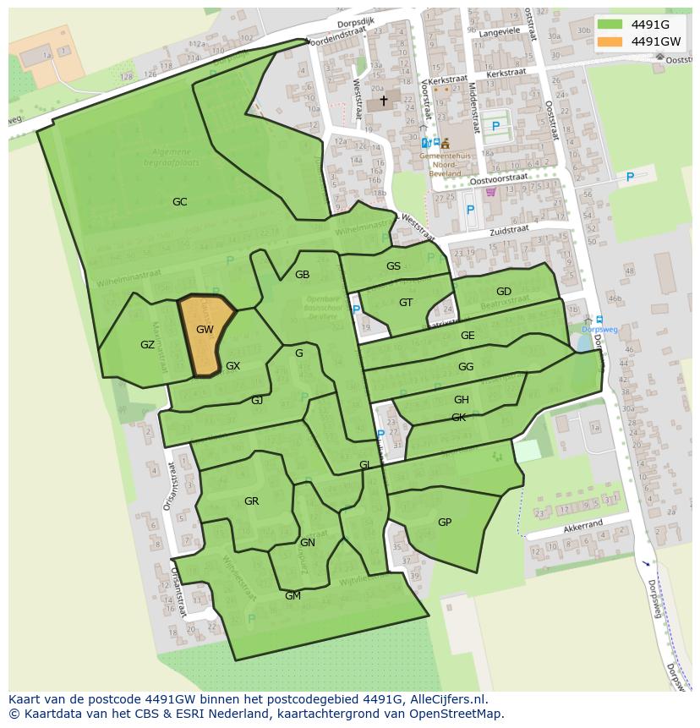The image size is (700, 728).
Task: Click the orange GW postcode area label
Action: point(205,330)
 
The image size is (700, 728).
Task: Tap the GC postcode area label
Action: point(179,202)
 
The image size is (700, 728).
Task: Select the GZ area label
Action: point(147,345)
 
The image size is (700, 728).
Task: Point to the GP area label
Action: point(445,523)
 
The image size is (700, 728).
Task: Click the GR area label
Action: point(251,501)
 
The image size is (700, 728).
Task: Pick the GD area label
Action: point(504,292)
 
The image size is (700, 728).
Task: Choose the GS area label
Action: point(393,266)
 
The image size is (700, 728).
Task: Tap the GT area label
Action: point(406,303)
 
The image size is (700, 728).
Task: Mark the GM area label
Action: point(293,596)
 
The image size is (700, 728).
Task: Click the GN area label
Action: point(308,543)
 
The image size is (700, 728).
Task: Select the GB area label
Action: point(302,275)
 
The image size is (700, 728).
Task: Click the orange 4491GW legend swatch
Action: point(610,41)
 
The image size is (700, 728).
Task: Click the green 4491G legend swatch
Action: point(610,24)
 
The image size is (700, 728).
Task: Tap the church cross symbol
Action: point(383,101)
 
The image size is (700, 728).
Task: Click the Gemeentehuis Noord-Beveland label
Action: point(444,161)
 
